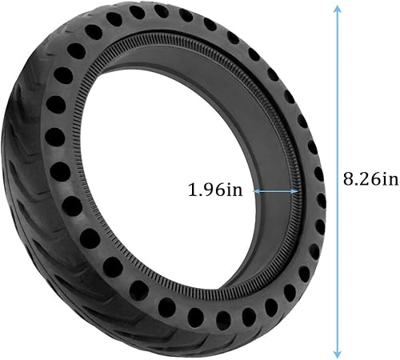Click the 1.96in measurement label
(x=218, y=191)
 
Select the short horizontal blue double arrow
(x=276, y=191)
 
